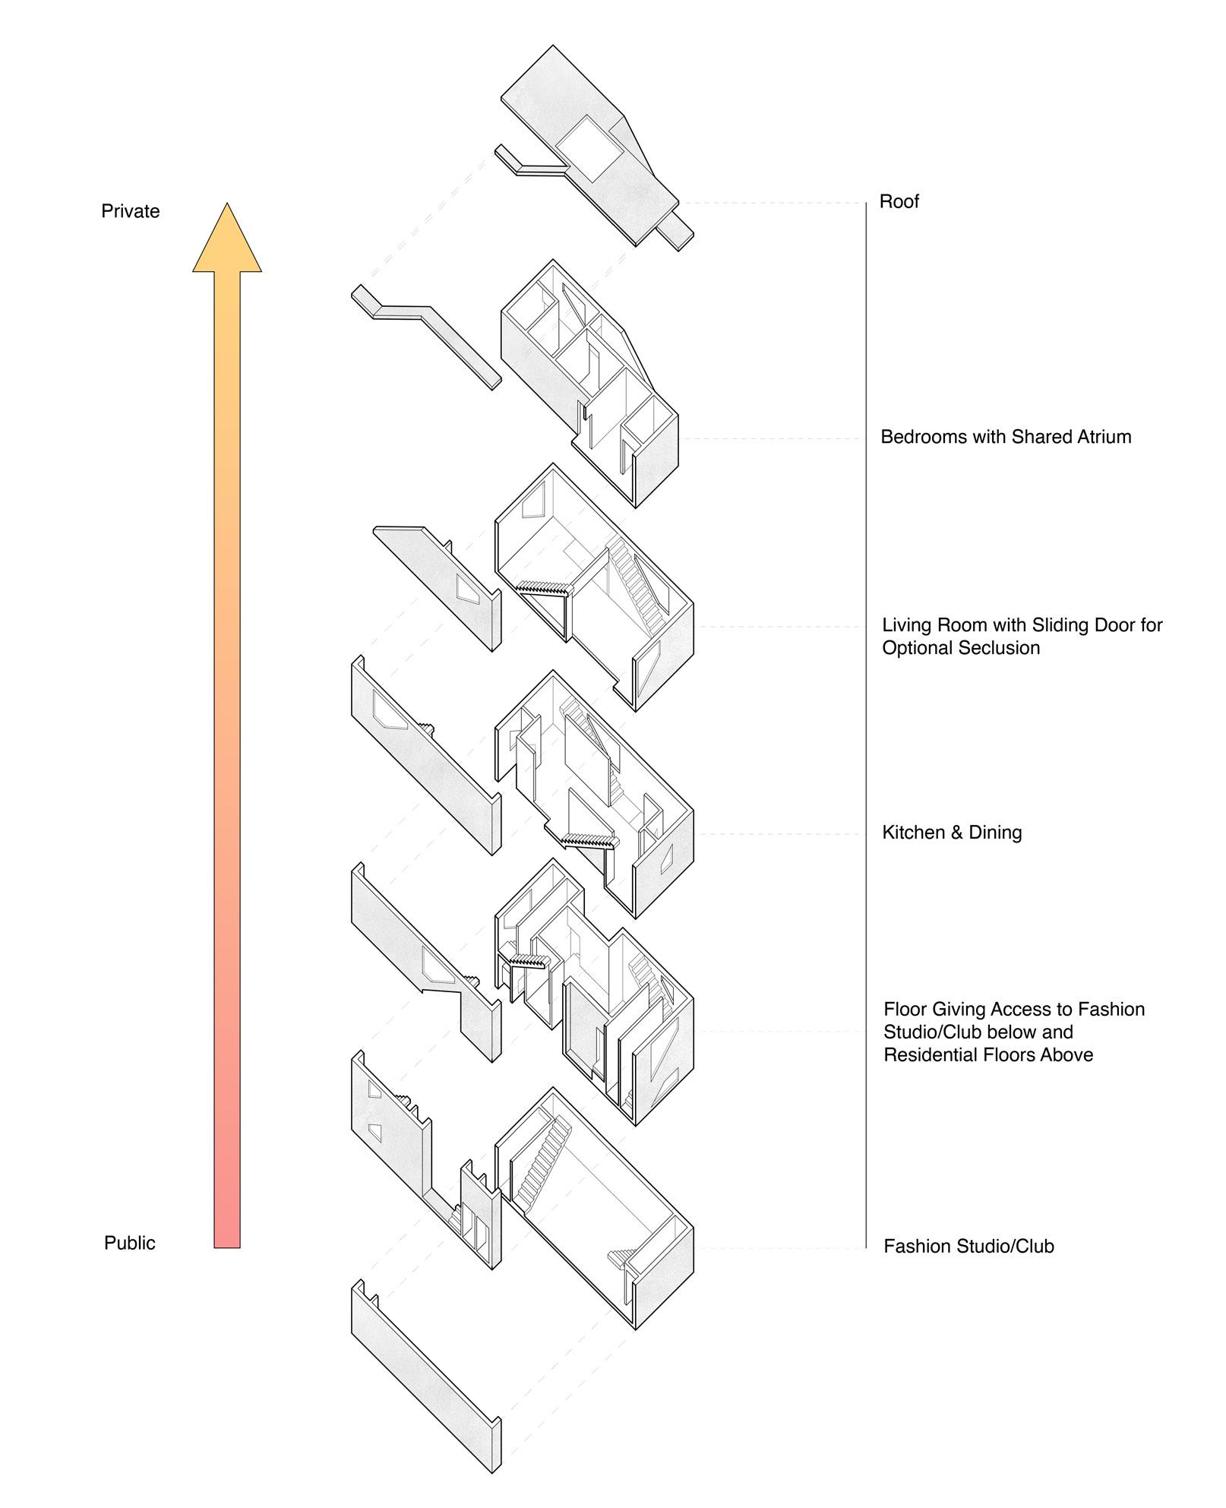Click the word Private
130,211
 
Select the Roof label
899,201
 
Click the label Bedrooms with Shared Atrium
1005,437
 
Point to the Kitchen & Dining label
951,833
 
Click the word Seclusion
998,648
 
